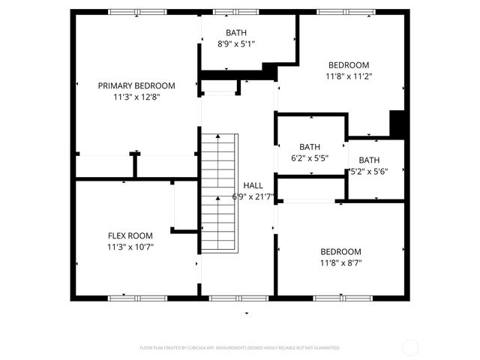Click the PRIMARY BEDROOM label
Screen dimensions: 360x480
tap(136, 85)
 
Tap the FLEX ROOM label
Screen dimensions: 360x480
tap(136, 235)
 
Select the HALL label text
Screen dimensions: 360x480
tap(253, 185)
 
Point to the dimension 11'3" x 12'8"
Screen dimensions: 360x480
tap(136, 97)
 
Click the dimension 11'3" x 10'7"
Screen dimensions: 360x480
tap(136, 246)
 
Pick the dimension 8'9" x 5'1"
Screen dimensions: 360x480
tap(236, 44)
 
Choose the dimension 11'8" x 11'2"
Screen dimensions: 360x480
tap(349, 76)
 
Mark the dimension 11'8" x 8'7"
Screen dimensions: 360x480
tap(340, 262)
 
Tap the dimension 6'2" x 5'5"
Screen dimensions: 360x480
tap(310, 158)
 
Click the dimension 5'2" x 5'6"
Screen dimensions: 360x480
tap(369, 171)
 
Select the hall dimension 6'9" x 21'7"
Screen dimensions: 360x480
tap(253, 196)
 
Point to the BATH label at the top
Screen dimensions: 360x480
tap(236, 33)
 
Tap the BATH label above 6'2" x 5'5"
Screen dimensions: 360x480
tap(310, 147)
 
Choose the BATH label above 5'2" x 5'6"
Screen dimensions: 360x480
tap(369, 160)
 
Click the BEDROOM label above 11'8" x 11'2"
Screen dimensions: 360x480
tap(349, 64)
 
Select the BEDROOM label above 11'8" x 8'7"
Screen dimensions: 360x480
tap(340, 251)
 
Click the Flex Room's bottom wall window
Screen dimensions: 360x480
tap(136, 298)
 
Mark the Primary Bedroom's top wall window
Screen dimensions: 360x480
tap(136, 12)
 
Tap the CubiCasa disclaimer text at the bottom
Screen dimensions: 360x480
tap(240, 348)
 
